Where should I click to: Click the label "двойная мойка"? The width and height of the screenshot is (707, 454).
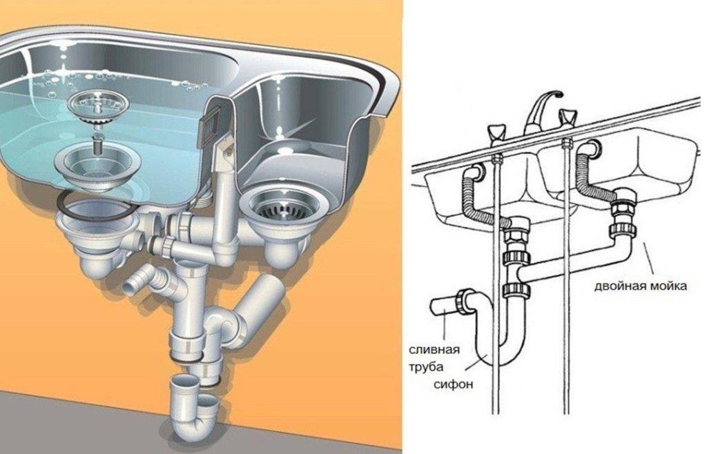click(x=640, y=285)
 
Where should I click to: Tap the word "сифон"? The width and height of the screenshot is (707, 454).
click(x=454, y=384)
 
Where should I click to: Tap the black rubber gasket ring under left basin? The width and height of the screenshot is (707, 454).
click(x=94, y=203)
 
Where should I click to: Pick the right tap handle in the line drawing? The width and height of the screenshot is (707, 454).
click(x=568, y=117)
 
